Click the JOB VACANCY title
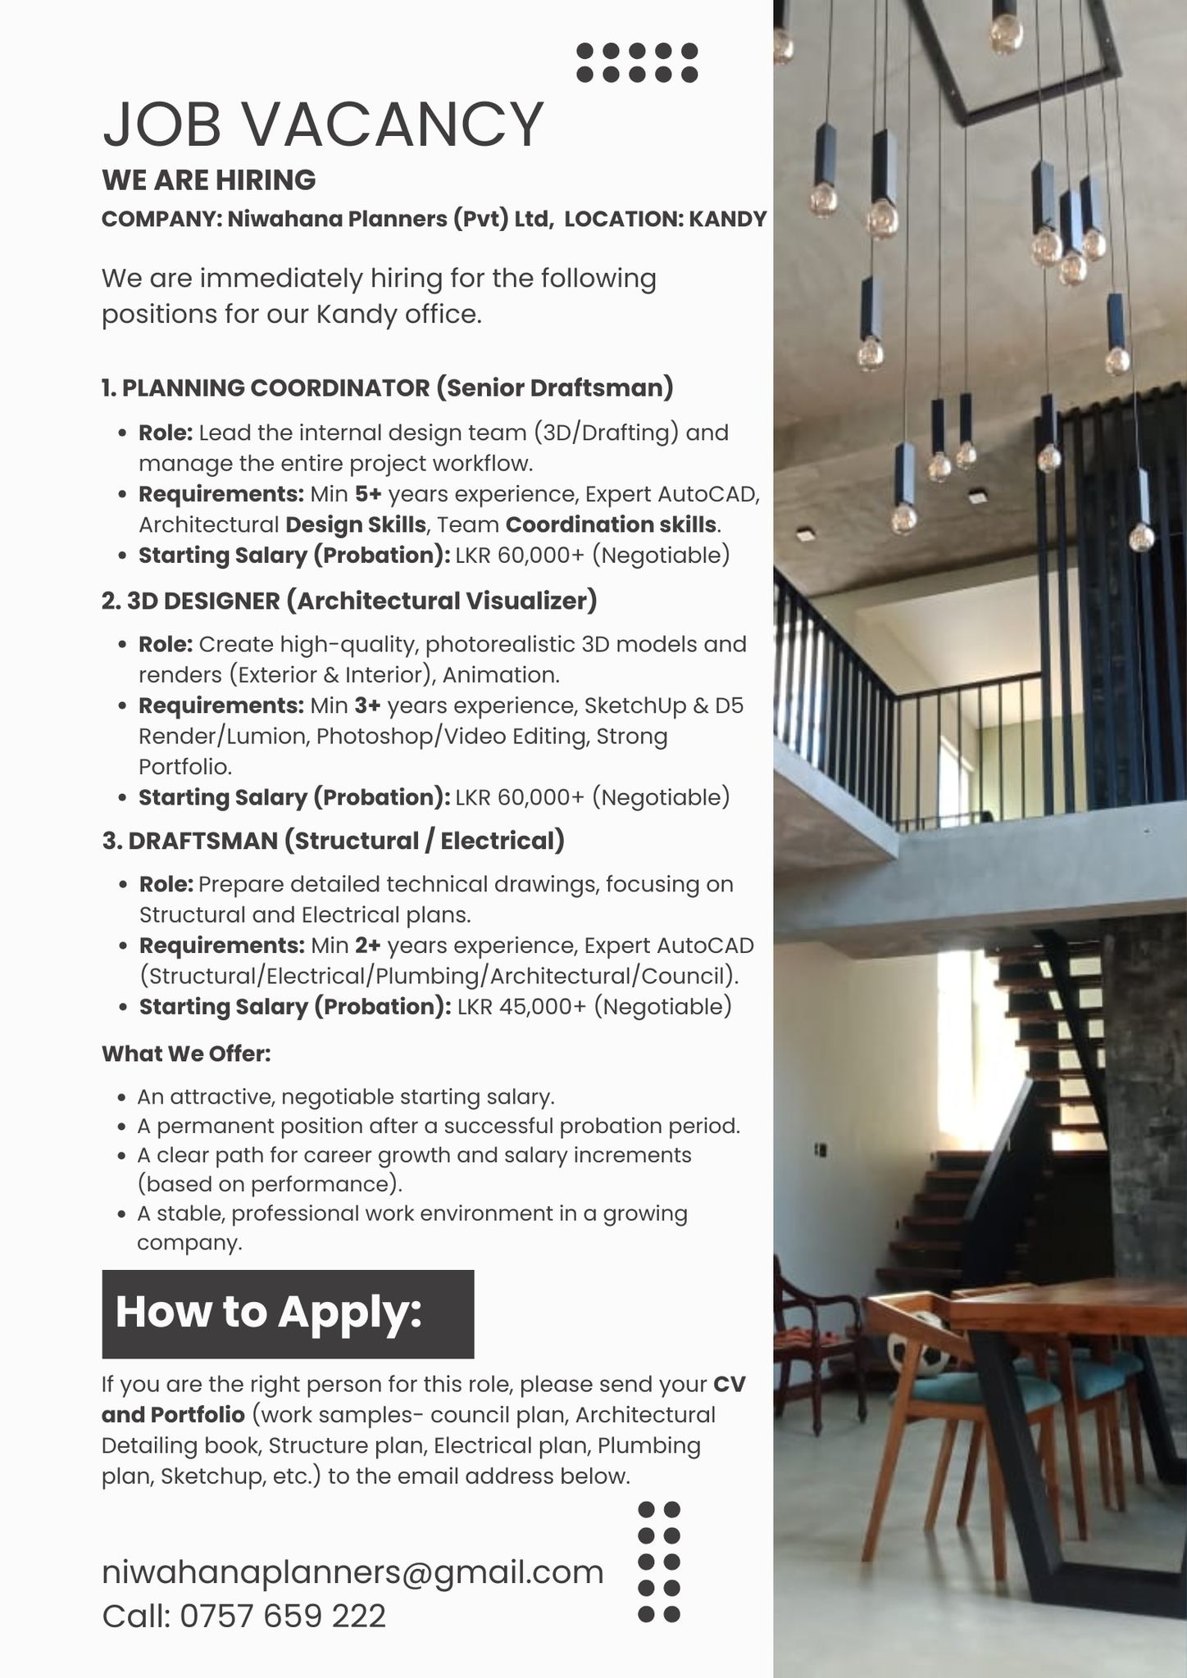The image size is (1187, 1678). click(x=322, y=125)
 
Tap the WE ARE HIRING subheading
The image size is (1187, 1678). click(x=208, y=179)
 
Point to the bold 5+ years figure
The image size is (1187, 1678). click(x=368, y=494)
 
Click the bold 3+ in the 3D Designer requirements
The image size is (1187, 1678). click(x=367, y=705)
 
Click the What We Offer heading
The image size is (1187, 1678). click(x=186, y=1054)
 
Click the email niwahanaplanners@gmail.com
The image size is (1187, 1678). click(x=352, y=1572)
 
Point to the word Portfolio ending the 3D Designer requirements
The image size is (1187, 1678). click(x=184, y=767)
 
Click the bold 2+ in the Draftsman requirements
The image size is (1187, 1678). click(x=368, y=946)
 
